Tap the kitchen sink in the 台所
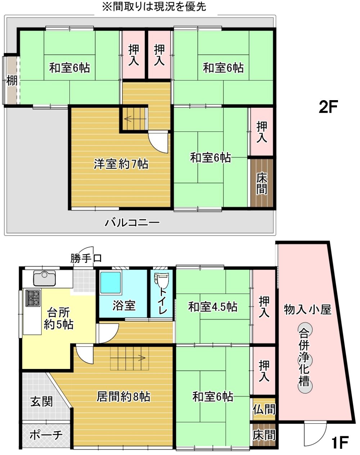(44, 278)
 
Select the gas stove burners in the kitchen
(33, 298)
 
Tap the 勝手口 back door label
(86, 258)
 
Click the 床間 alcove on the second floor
(262, 183)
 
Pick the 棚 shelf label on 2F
(12, 81)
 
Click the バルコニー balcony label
(132, 223)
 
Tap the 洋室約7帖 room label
(121, 164)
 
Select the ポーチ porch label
(46, 435)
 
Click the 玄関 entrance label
(42, 401)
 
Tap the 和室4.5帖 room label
(213, 307)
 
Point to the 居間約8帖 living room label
(123, 397)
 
